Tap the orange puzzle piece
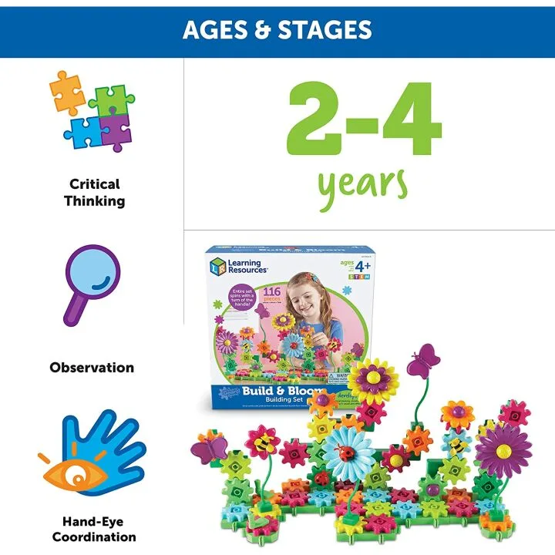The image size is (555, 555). [67, 91]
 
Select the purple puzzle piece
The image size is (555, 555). [114, 129]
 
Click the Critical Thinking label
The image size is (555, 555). [94, 193]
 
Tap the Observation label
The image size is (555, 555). [92, 368]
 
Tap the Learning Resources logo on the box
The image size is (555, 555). [238, 266]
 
